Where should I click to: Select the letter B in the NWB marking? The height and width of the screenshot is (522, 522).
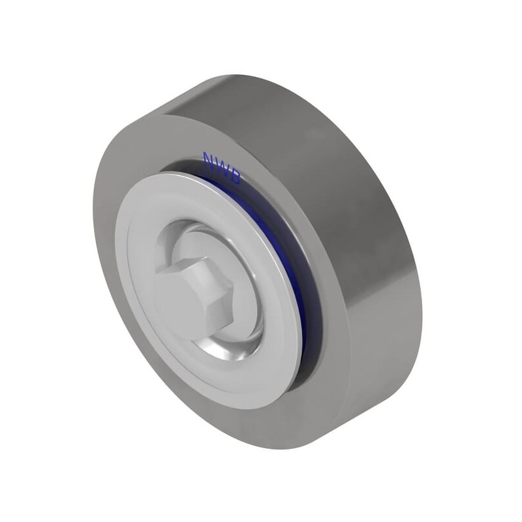(234, 178)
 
